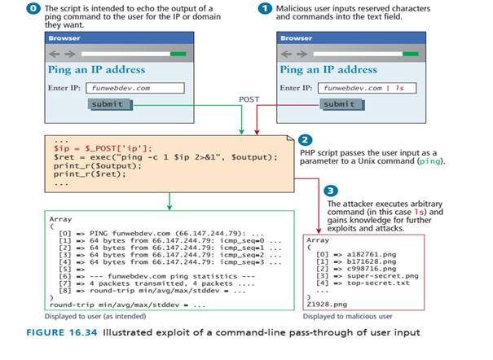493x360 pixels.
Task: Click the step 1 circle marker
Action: pyautogui.click(x=263, y=7)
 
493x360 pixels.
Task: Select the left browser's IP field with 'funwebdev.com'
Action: pyautogui.click(x=123, y=87)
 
